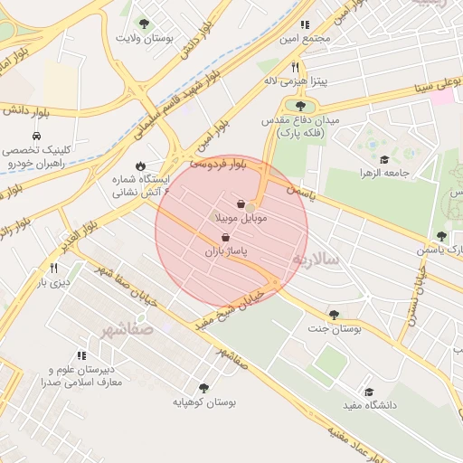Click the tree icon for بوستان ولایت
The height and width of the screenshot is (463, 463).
tap(143, 24)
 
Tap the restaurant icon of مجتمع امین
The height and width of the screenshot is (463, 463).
tap(305, 24)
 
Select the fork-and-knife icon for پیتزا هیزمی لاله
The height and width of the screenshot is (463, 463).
tap(294, 67)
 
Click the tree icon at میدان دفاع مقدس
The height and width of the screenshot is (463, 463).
tap(299, 108)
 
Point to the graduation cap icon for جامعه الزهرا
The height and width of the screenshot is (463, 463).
tap(383, 159)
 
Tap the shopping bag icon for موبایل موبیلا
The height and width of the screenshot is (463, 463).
tap(241, 204)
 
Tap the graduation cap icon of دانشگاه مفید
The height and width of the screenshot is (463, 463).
tap(368, 392)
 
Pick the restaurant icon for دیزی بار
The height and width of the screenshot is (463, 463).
tap(53, 268)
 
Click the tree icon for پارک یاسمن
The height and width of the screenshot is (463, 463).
tap(441, 236)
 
